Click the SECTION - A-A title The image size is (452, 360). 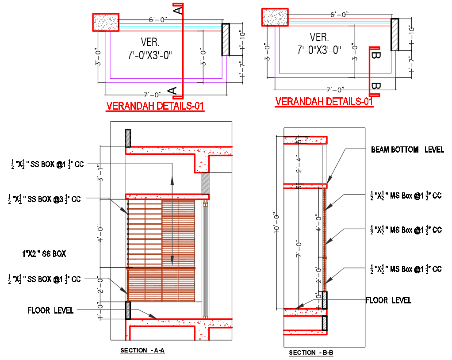142,351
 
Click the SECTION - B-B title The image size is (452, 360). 311,352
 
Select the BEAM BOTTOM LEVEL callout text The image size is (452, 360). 407,150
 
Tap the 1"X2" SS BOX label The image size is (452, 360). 44,254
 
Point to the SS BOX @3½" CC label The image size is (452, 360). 45,199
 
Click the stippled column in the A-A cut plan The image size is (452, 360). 106,22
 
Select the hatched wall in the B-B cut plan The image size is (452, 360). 395,34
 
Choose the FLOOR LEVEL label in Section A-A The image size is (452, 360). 50,310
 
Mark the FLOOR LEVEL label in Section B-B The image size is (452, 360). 388,300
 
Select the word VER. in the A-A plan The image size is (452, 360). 150,42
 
